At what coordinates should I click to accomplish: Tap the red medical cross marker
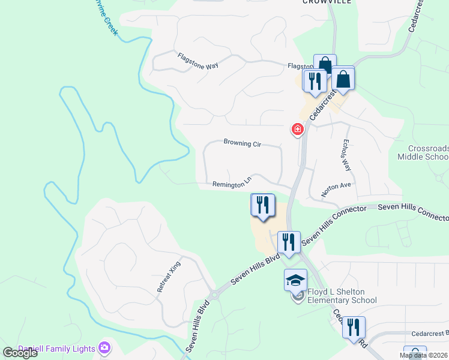tap(297, 129)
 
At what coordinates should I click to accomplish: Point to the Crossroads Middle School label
tap(423, 152)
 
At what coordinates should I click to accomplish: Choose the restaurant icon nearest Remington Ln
tap(262, 205)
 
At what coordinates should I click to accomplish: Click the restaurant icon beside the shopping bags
tap(315, 80)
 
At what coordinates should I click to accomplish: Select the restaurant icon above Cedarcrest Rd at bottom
tap(355, 328)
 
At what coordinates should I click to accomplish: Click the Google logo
tap(20, 353)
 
